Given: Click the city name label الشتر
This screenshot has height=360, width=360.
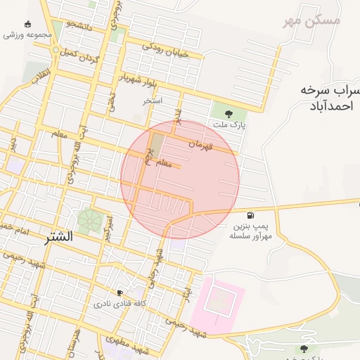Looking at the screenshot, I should pos(58,237).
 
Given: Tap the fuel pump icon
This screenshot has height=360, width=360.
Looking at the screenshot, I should pos(250,214).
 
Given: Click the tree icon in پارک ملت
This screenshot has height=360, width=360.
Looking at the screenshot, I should pos(228,112).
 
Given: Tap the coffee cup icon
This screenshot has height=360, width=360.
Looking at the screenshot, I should pos(120,292).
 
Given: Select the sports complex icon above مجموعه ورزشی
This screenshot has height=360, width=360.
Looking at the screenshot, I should pos(27,23).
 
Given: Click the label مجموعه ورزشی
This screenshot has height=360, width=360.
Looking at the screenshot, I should pos(27,34).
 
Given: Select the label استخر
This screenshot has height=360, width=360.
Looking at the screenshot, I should pos(153,101).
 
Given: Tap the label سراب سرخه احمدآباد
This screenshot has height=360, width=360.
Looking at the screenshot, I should pos(327,98).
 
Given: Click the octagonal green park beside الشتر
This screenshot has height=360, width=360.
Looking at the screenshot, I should pos(89,221).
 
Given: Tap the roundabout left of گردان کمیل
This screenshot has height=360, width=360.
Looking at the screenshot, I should pos(56,50).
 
